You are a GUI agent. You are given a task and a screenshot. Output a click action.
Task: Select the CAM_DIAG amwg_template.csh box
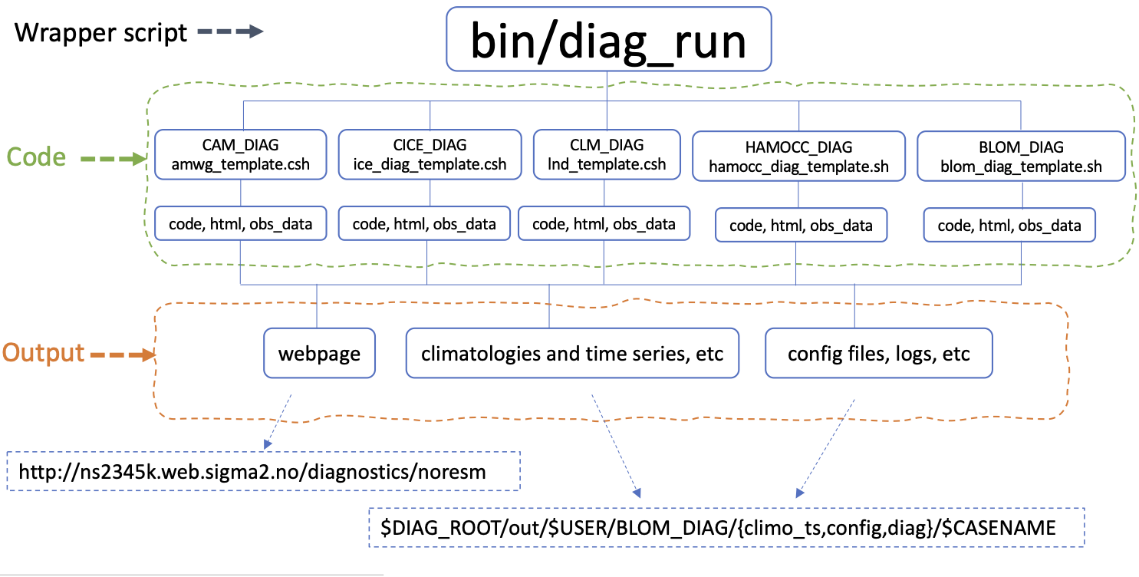pyautogui.click(x=242, y=154)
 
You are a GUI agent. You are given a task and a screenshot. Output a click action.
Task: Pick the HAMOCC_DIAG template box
pyautogui.click(x=798, y=157)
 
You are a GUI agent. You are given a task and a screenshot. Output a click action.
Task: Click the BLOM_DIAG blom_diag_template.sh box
pyautogui.click(x=1021, y=157)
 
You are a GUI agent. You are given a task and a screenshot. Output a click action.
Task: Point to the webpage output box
pyautogui.click(x=319, y=354)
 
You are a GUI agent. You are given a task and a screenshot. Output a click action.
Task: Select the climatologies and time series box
pyautogui.click(x=572, y=354)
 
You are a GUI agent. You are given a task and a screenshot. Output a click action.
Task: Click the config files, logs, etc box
pyautogui.click(x=879, y=354)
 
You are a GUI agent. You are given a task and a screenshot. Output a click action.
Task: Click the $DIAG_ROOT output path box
pyautogui.click(x=726, y=527)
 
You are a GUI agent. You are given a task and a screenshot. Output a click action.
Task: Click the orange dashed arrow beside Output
pyautogui.click(x=122, y=355)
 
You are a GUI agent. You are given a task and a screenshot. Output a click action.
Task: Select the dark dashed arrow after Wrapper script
pyautogui.click(x=229, y=32)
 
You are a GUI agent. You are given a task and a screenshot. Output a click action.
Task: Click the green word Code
pyautogui.click(x=36, y=157)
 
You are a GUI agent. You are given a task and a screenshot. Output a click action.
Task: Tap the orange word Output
pyautogui.click(x=43, y=353)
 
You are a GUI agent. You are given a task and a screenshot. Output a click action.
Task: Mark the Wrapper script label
pyautogui.click(x=100, y=32)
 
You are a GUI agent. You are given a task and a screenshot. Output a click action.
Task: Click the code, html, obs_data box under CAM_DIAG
pyautogui.click(x=242, y=224)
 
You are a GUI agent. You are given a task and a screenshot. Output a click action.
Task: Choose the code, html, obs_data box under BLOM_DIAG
pyautogui.click(x=1009, y=226)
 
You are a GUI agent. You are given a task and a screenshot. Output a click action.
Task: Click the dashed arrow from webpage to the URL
pyautogui.click(x=278, y=421)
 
